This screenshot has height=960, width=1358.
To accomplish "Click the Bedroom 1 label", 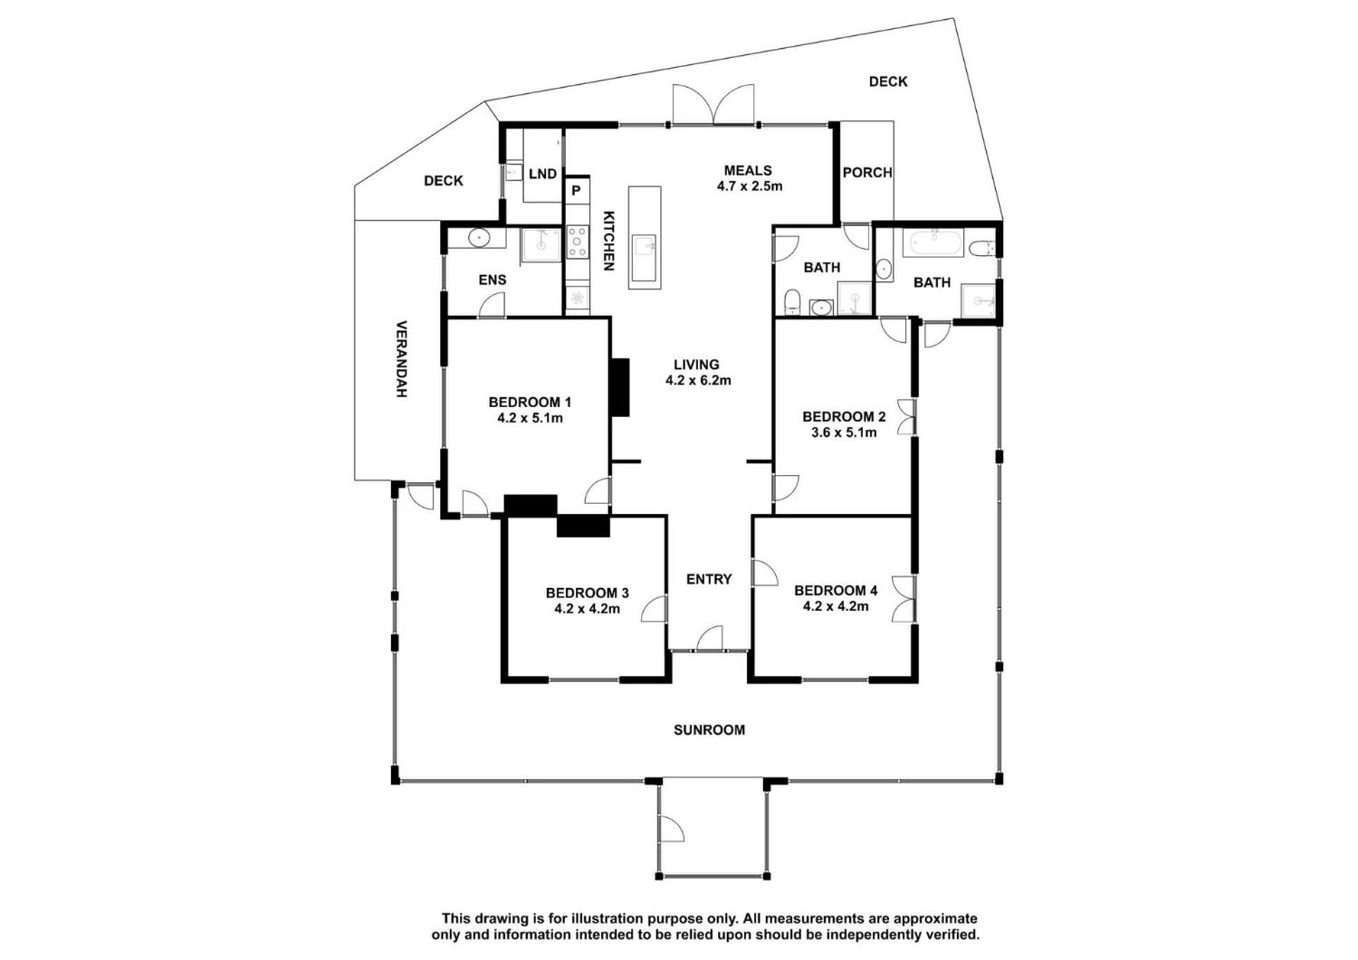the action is (x=530, y=402).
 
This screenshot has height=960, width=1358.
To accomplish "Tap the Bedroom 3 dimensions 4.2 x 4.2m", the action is (x=587, y=608).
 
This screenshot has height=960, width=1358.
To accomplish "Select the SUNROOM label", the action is (x=709, y=730).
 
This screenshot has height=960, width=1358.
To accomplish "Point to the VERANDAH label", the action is (x=401, y=359).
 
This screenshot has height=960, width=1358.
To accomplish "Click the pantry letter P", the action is (x=576, y=190).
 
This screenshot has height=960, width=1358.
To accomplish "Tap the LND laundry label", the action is (x=542, y=174).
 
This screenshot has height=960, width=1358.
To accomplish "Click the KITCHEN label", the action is (x=608, y=241).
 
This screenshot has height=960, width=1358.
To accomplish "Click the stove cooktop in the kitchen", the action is (x=578, y=241).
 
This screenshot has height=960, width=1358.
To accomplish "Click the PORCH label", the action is (x=867, y=172).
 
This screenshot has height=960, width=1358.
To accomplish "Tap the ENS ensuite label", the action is (x=492, y=280).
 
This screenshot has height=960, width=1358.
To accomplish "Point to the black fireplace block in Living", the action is (x=620, y=387).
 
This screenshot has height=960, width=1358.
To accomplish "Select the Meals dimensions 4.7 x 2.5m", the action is (x=749, y=187).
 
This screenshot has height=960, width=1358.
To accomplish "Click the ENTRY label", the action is (x=709, y=580).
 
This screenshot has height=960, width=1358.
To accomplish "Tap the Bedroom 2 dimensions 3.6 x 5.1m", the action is (x=844, y=433).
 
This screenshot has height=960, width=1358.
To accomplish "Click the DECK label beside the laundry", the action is (x=443, y=181).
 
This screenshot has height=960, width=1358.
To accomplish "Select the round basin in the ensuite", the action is (x=479, y=238).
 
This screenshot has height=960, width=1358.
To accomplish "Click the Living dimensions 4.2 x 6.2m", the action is (x=698, y=380).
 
